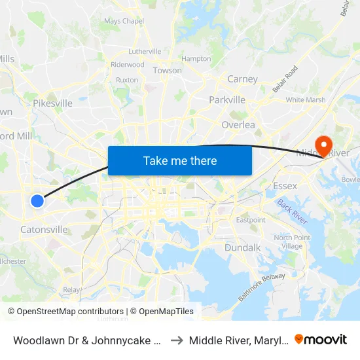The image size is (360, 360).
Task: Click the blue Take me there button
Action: point(180,160)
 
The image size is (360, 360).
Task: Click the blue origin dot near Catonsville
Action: point(37,201)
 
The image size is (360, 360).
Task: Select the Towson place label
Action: point(167,70)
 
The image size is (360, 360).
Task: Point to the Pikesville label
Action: point(52,103)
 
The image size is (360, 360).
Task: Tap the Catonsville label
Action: point(44,230)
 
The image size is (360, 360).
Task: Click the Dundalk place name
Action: point(243,248)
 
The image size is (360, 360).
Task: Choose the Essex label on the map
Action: point(285,186)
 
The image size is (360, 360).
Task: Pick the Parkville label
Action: point(227,100)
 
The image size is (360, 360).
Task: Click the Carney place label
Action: point(242,79)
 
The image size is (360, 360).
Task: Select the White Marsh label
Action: point(305,100)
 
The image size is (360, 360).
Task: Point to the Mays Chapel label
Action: point(124,21)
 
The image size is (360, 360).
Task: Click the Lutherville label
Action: point(145,51)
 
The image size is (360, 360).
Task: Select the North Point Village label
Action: point(288,242)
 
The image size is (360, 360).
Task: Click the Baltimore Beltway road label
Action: point(261,287)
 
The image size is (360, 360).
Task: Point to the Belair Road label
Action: point(285,79)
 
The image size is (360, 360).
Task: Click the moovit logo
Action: point(321,339)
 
